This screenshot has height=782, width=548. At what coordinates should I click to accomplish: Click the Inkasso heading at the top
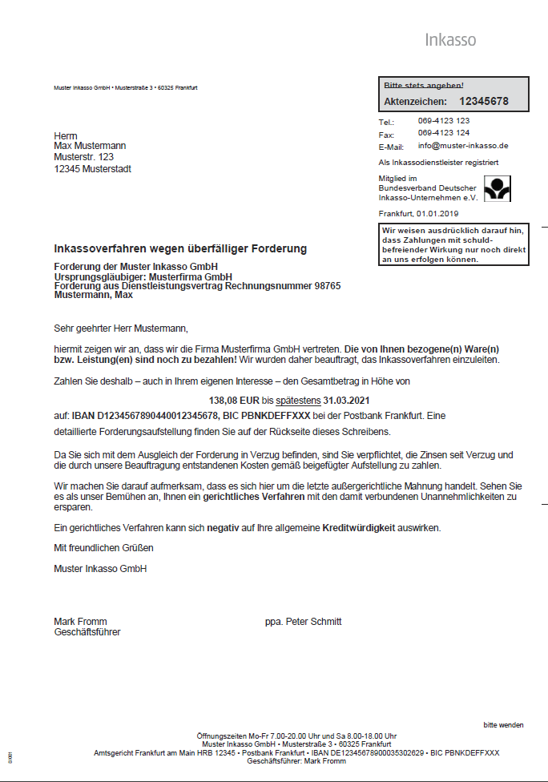(x=450, y=40)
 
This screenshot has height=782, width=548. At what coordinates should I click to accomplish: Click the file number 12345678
(x=483, y=102)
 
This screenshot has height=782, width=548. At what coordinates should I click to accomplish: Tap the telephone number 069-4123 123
(x=443, y=121)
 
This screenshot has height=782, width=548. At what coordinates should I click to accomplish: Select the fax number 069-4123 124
(x=443, y=133)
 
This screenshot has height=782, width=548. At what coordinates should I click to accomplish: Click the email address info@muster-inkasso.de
(x=463, y=146)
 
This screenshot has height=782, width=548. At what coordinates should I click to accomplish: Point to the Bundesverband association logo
(x=498, y=188)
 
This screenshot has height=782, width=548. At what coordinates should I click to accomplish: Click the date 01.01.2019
(x=437, y=214)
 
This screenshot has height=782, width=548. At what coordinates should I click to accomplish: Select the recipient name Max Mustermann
(x=90, y=146)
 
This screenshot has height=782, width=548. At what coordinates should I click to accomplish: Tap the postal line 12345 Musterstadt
(x=92, y=169)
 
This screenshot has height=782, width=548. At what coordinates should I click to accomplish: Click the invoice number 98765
(x=328, y=285)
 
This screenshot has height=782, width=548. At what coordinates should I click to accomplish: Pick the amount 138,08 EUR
(x=235, y=399)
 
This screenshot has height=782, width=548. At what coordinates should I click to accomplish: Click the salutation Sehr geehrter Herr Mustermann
(x=119, y=328)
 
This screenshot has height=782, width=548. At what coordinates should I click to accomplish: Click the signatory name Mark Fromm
(x=80, y=622)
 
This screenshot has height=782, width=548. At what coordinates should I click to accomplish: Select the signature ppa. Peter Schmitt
(x=303, y=622)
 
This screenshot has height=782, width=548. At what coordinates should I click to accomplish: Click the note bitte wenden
(x=503, y=725)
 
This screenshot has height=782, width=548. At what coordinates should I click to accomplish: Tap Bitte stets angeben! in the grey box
(x=424, y=85)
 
